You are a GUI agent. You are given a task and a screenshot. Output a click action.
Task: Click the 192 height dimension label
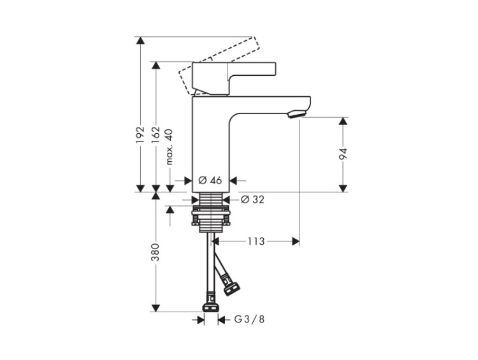140,134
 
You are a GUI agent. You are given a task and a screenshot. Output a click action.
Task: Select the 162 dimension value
156,134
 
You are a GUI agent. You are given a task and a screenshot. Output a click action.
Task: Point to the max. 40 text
170,147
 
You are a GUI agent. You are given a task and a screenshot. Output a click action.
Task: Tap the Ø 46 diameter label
210,180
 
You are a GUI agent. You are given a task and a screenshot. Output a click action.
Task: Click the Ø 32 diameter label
252,199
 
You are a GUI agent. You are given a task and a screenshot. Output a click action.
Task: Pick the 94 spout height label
344,154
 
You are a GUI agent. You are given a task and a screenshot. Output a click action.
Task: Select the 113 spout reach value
256,241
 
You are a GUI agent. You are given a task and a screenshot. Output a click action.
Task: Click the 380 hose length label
156,252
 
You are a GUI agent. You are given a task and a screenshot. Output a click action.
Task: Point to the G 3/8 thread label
249,319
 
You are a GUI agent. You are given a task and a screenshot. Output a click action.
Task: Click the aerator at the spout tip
296,115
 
